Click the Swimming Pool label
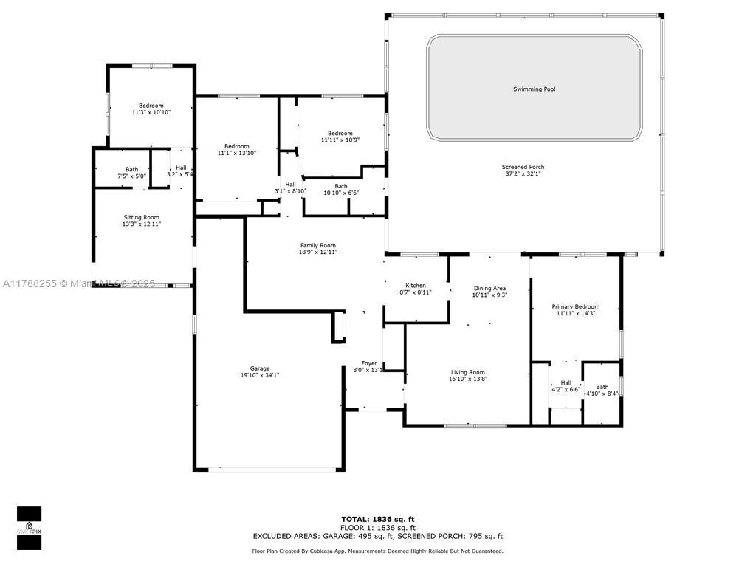[534, 89]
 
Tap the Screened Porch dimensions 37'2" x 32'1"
[523, 173]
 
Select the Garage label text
[259, 368]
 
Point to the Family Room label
[317, 245]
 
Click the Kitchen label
[415, 286]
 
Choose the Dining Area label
[489, 289]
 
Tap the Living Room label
[467, 372]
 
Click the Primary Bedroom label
[576, 306]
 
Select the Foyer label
[369, 363]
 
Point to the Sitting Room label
[141, 218]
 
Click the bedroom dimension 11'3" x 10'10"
[151, 112]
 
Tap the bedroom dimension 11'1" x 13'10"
[236, 153]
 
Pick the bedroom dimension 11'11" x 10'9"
[340, 140]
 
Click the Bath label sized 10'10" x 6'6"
[341, 186]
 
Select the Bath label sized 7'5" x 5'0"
[131, 170]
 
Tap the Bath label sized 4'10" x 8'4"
[602, 387]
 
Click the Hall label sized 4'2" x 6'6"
[566, 382]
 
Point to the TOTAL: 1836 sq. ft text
[377, 519]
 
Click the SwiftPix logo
[29, 528]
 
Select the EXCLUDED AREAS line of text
[377, 536]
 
